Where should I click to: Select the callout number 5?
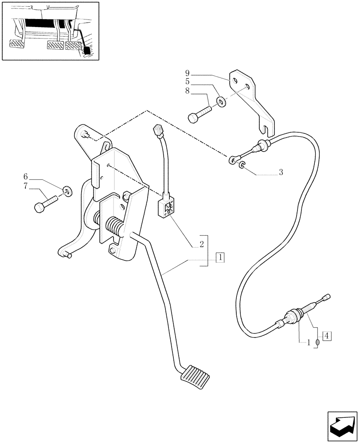188,82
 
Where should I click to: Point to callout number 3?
281,172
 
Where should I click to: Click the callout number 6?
25,176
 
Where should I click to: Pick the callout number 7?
25,187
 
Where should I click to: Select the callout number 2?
201,244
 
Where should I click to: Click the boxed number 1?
220,256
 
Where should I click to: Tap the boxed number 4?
327,336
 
